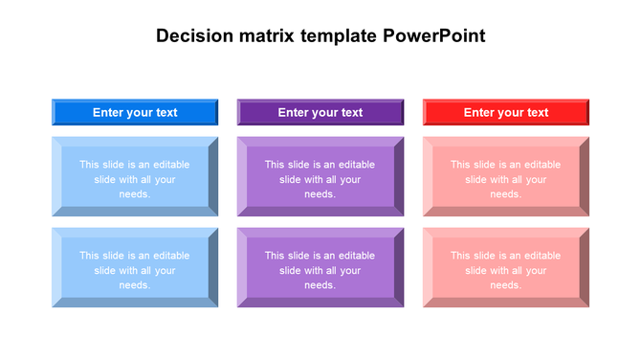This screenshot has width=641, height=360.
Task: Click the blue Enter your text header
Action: pos(135,112)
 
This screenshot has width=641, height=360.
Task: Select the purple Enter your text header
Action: pos(320,112)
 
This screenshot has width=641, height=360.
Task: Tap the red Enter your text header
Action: pos(505,112)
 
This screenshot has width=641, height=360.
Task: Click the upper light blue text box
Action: pos(135,178)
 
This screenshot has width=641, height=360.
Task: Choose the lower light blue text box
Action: pos(135,269)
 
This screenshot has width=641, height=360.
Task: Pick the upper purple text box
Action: pos(320,178)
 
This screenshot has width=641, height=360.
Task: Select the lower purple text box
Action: pos(320,269)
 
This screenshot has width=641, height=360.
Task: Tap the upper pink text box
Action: pos(505,178)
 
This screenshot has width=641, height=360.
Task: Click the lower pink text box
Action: pos(505,269)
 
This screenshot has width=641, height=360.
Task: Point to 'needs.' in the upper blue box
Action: pos(135,194)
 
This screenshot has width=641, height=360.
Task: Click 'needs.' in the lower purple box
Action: pos(320,285)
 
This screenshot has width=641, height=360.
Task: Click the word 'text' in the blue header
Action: pos(166,112)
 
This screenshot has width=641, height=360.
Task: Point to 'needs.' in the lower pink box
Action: pos(505,285)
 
